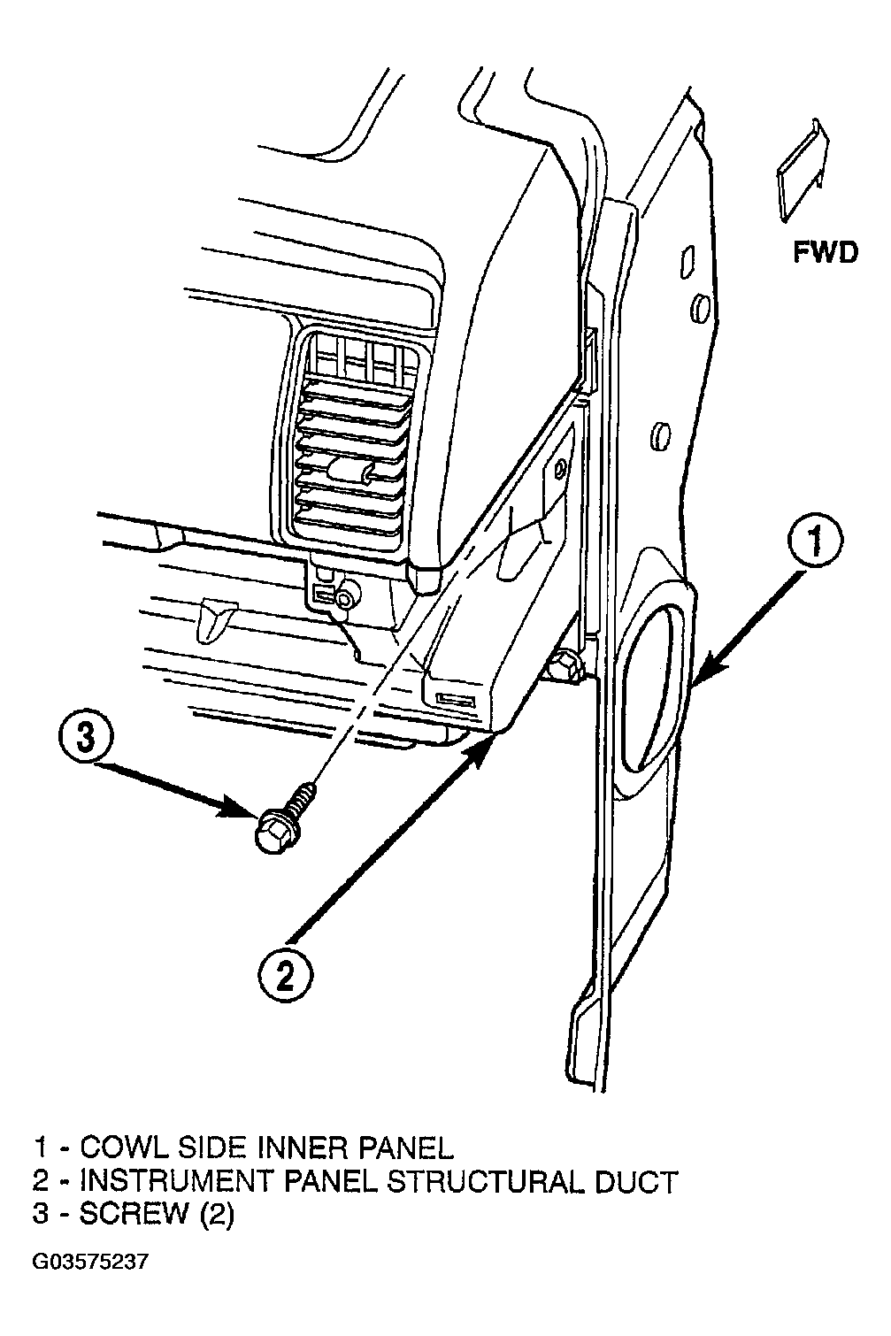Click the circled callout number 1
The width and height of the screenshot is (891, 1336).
(814, 543)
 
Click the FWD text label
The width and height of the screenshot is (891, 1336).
(826, 252)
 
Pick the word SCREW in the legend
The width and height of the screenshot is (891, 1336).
(134, 1214)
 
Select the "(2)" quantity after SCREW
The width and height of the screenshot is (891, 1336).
(215, 1215)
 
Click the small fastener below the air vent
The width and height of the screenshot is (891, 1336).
(344, 598)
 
